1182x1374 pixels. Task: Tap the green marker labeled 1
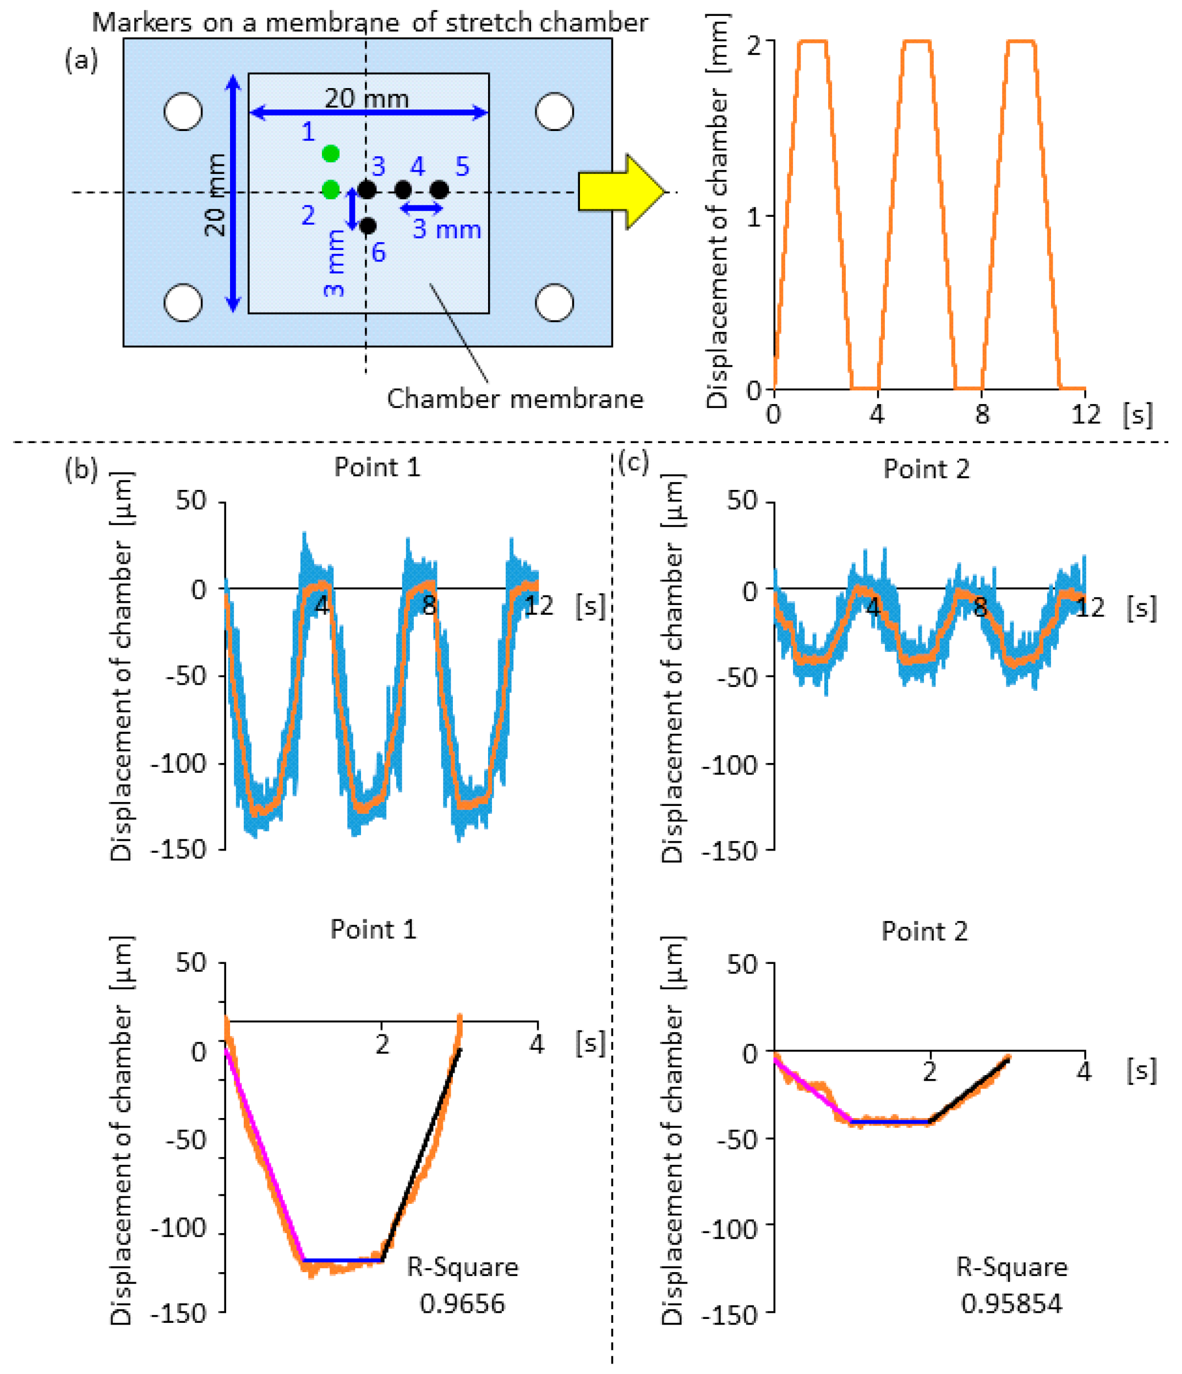[331, 154]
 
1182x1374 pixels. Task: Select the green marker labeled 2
[331, 190]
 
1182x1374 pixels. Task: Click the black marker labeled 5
[440, 190]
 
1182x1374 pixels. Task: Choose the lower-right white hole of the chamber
[554, 302]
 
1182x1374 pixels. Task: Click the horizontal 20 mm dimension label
[366, 99]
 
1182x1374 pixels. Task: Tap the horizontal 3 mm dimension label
[447, 230]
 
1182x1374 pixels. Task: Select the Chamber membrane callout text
[515, 399]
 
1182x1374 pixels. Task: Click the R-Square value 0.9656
[462, 1304]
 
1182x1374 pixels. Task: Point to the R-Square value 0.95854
[1011, 1304]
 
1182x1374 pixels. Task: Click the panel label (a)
[81, 61]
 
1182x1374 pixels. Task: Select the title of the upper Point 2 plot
[926, 470]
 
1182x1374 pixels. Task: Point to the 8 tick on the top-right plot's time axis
[982, 415]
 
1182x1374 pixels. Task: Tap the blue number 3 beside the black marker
[379, 166]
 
